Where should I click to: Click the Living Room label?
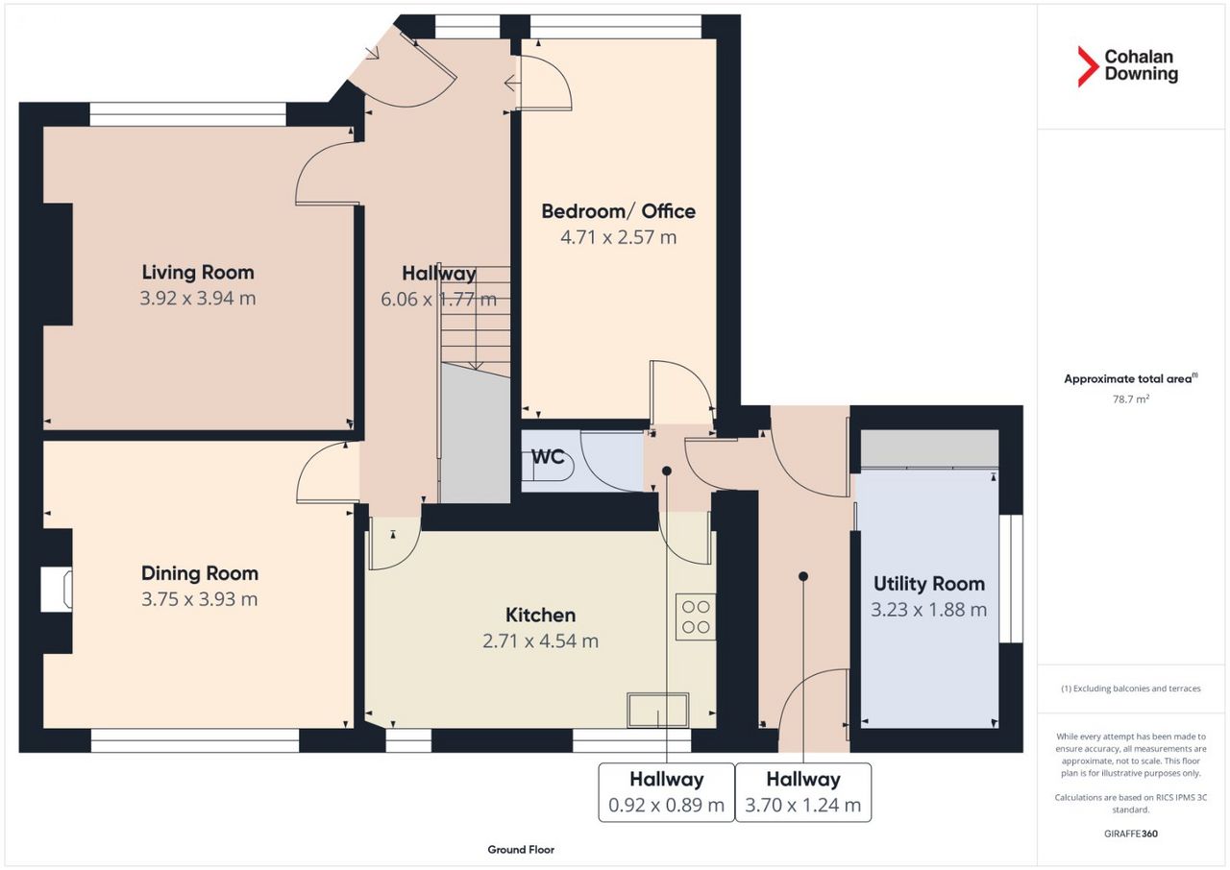click(x=198, y=272)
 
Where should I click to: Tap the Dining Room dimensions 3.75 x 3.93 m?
click(x=199, y=599)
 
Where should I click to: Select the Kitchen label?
click(x=540, y=615)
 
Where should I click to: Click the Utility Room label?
click(x=929, y=584)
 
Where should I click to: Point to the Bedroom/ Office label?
click(x=618, y=211)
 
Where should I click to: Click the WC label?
click(x=548, y=456)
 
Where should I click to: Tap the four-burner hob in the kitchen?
click(x=696, y=617)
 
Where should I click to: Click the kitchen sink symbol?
click(x=658, y=710)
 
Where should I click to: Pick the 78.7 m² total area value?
click(x=1131, y=399)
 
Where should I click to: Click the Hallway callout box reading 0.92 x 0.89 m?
click(x=666, y=792)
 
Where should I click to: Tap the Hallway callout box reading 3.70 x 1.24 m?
click(x=802, y=792)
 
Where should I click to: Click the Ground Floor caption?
click(x=521, y=850)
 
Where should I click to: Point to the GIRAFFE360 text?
click(x=1131, y=834)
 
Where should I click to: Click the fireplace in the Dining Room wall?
click(x=56, y=590)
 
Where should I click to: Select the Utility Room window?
click(x=1011, y=578)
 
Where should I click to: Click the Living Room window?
click(x=187, y=114)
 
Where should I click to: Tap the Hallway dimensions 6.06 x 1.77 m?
click(x=439, y=299)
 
